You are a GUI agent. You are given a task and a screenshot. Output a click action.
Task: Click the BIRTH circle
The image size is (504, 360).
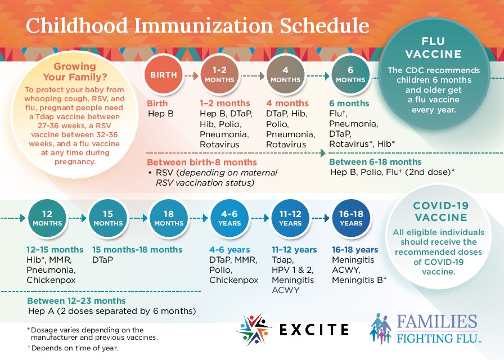pyautogui.click(x=163, y=75)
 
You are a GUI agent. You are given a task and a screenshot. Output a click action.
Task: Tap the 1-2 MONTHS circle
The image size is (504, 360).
pyautogui.click(x=219, y=75)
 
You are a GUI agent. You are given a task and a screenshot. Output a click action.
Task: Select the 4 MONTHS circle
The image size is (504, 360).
pyautogui.click(x=285, y=75)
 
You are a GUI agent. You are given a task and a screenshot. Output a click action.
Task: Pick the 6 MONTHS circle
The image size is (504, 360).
pyautogui.click(x=350, y=75)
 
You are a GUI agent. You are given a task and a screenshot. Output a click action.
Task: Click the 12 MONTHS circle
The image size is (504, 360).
pyautogui.click(x=47, y=218)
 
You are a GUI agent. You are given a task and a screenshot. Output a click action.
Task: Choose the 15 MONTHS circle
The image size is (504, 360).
pyautogui.click(x=107, y=218)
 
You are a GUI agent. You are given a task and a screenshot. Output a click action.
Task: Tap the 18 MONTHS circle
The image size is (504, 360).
pyautogui.click(x=168, y=218)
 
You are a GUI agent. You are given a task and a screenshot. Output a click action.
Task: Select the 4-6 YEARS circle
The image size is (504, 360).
pyautogui.click(x=229, y=218)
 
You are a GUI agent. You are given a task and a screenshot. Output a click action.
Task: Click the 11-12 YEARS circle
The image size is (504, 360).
pyautogui.click(x=290, y=218)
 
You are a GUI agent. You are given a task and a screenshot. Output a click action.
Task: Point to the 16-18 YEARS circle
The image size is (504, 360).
pyautogui.click(x=351, y=218)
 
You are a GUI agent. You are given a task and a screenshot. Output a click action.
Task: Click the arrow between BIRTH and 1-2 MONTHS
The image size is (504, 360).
pyautogui.click(x=191, y=75)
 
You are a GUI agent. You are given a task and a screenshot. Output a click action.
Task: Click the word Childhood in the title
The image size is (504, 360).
pyautogui.click(x=75, y=26)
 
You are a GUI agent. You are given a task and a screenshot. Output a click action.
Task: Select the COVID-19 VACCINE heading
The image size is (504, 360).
pyautogui.click(x=440, y=211)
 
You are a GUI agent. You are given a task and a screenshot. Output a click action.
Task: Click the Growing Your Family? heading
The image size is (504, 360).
pyautogui.click(x=82, y=72)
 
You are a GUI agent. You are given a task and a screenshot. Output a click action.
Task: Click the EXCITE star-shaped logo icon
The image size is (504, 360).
pyautogui.click(x=254, y=329)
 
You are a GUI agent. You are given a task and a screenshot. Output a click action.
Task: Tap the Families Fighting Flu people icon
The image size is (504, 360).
pyautogui.click(x=381, y=328)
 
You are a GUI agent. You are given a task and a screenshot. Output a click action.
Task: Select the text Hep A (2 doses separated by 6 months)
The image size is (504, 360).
pyautogui.click(x=111, y=311)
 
